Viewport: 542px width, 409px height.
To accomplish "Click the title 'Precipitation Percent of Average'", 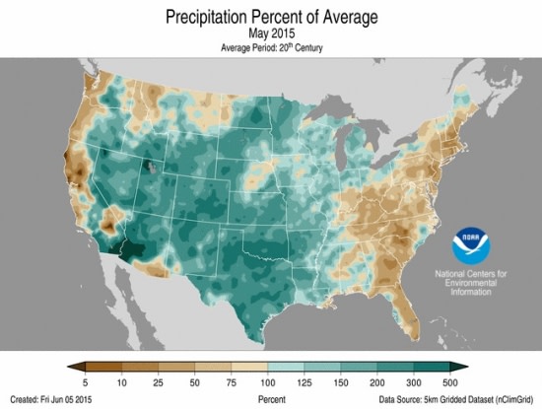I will point(270,17).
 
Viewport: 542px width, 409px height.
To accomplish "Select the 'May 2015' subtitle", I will point(270,34).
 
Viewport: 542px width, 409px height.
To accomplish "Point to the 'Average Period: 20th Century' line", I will point(270,47).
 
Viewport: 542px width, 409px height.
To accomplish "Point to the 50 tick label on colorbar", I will point(192,380).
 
